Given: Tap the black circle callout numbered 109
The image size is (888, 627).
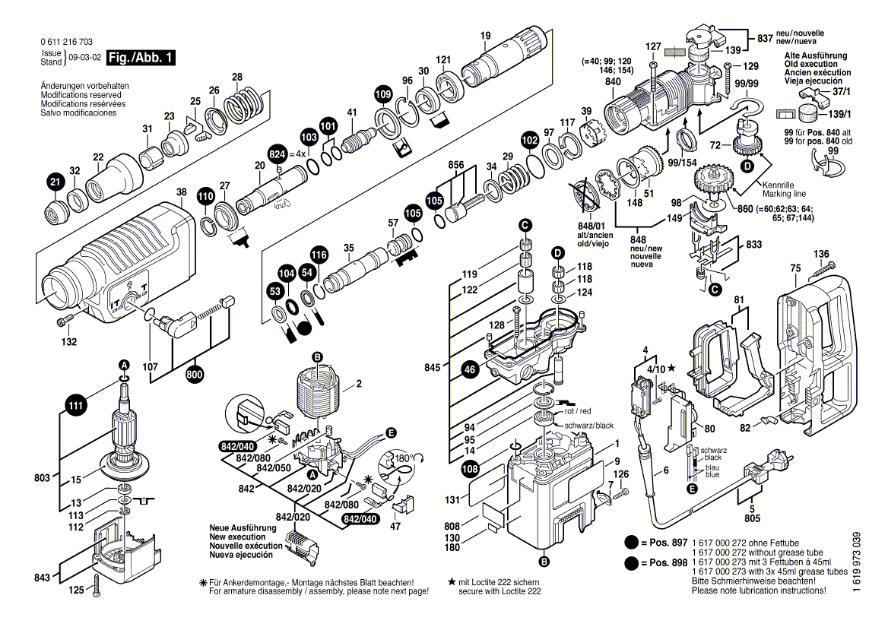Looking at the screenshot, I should pyautogui.click(x=383, y=94).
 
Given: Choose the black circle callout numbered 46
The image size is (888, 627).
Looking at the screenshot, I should pyautogui.click(x=469, y=370).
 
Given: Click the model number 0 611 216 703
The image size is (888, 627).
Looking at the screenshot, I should pyautogui.click(x=66, y=43).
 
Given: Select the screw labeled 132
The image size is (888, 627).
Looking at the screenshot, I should pyautogui.click(x=62, y=322).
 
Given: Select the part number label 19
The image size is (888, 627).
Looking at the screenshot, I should pyautogui.click(x=486, y=35).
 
